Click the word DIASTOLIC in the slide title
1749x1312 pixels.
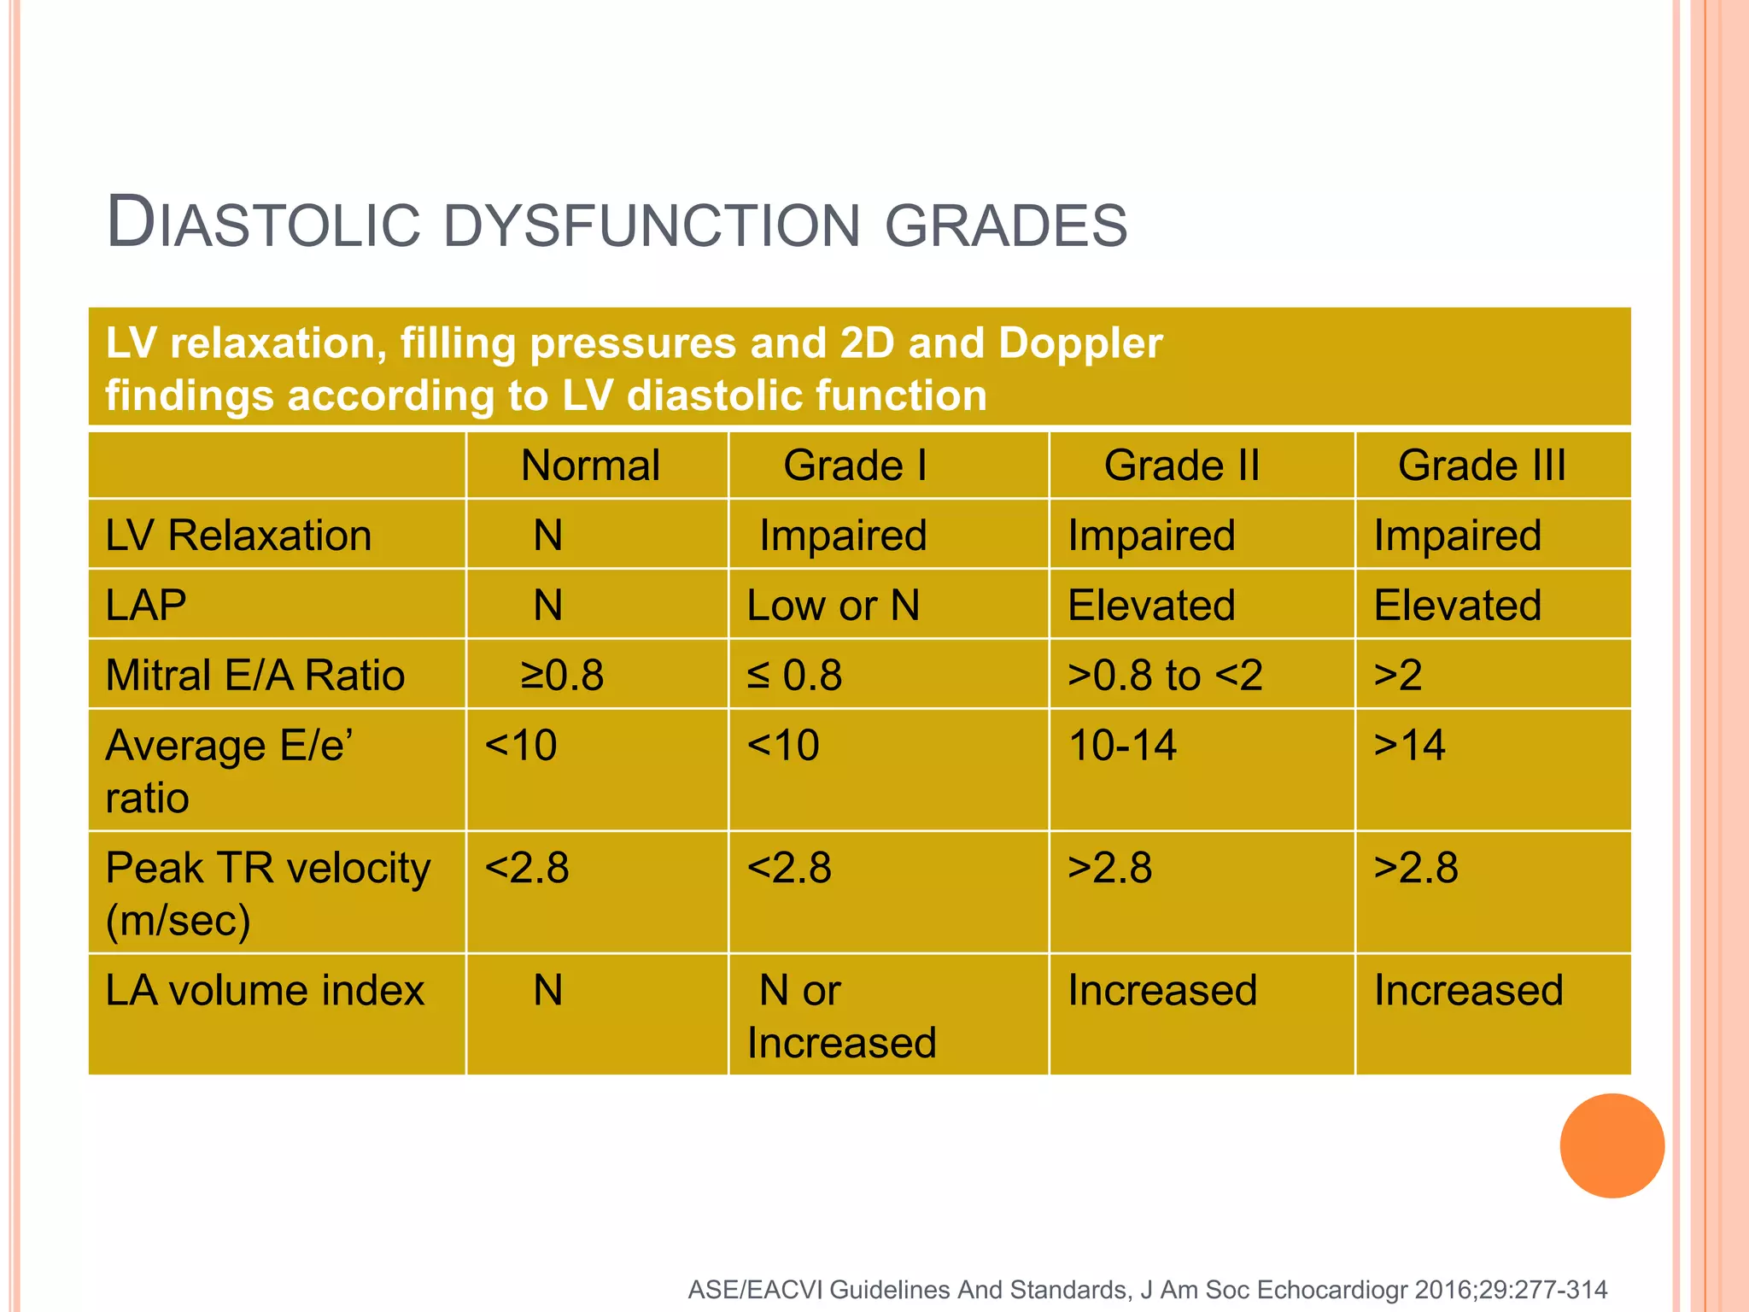pos(263,224)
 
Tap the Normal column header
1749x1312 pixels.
pos(590,466)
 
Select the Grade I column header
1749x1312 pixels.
pos(855,466)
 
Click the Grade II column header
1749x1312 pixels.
pos(1181,466)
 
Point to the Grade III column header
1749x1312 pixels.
pos(1482,466)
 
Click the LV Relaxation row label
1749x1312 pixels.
pos(238,536)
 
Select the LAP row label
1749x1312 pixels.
pos(146,606)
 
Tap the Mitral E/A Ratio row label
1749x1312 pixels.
pos(254,676)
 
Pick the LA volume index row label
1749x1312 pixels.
pos(265,991)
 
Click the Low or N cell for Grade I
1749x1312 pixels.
pos(833,606)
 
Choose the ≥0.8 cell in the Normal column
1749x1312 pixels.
pos(562,676)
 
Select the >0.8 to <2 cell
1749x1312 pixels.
pos(1165,676)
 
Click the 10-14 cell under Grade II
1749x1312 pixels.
pos(1122,745)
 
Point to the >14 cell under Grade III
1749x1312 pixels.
pos(1409,745)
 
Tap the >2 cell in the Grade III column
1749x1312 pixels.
pos(1398,676)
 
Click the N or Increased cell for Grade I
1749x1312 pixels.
pos(841,1016)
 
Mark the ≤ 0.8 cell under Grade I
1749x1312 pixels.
pos(794,676)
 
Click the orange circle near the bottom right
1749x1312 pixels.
pos(1612,1145)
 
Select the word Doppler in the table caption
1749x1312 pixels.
pos(1079,343)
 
